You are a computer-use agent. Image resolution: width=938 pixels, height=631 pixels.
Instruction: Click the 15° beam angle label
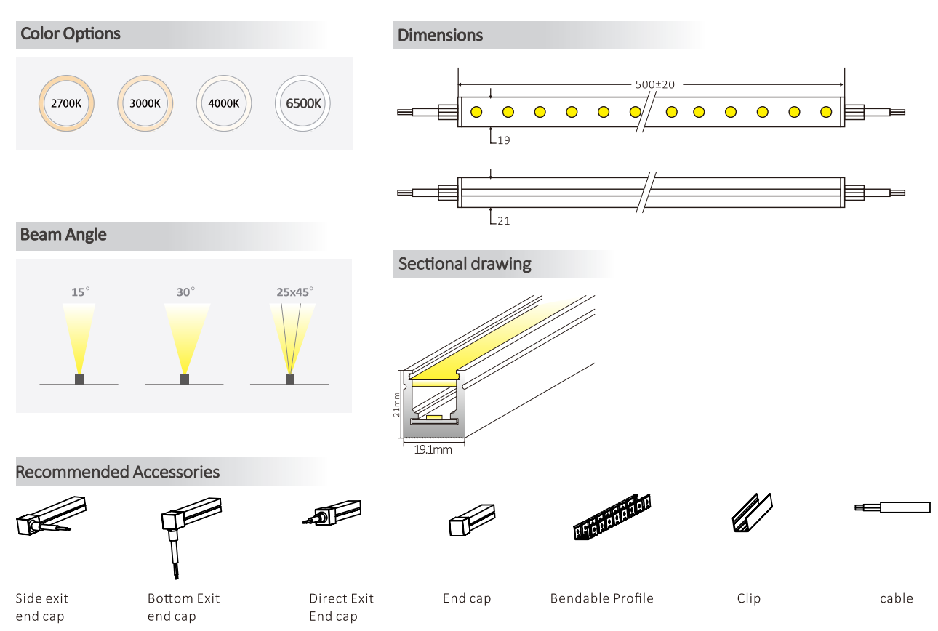[x=80, y=292]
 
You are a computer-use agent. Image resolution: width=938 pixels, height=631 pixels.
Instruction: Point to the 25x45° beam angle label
[x=294, y=292]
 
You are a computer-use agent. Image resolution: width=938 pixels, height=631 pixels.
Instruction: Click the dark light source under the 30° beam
[x=184, y=379]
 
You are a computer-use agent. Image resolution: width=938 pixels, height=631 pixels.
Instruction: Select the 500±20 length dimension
[x=654, y=84]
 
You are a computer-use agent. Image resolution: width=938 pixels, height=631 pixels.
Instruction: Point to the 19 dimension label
[x=503, y=140]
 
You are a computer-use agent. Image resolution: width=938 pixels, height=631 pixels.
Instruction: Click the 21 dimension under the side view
[x=503, y=221]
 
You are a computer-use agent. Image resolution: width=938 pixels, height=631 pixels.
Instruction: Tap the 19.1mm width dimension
[x=433, y=450]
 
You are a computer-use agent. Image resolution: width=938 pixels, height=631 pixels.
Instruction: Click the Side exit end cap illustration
[x=51, y=515]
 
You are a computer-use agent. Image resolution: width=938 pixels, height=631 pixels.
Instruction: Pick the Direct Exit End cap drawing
[x=332, y=513]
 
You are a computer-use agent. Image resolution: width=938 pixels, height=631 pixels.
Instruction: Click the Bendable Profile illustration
[x=612, y=517]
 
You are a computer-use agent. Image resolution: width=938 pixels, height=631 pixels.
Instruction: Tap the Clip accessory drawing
[x=752, y=513]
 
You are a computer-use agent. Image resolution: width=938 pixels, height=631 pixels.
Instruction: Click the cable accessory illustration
[x=892, y=507]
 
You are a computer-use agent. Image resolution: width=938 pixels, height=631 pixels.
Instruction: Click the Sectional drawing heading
[x=465, y=264]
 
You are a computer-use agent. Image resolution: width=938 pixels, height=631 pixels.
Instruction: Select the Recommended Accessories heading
[x=118, y=472]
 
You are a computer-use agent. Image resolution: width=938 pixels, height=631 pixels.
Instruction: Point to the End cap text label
[x=467, y=598]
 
